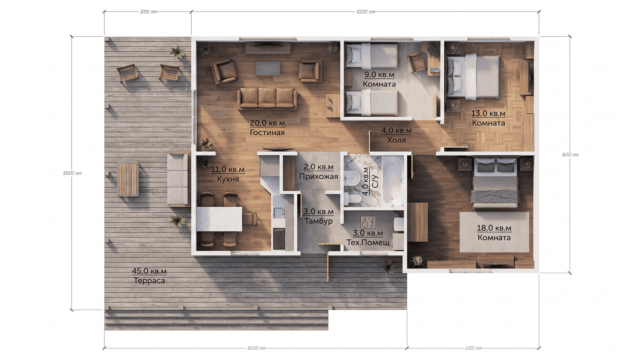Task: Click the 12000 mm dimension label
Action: pos(366,12)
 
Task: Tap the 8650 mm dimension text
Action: pos(570,155)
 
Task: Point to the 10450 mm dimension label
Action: pos(256,348)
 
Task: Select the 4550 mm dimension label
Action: pos(473,348)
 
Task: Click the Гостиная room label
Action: pos(267,132)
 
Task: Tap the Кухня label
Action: pos(228,179)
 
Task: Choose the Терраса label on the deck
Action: pos(149,281)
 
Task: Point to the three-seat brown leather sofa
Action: pos(267,99)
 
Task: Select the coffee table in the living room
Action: pos(268,68)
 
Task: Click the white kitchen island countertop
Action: pos(219,219)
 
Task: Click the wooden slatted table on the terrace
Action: pos(128,179)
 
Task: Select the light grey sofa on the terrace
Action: pos(178,179)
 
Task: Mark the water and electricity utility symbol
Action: pos(368,222)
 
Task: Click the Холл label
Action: pos(396,140)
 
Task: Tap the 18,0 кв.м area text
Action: pos(494,228)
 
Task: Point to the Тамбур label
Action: pos(319,221)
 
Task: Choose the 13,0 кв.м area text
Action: pos(488,113)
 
